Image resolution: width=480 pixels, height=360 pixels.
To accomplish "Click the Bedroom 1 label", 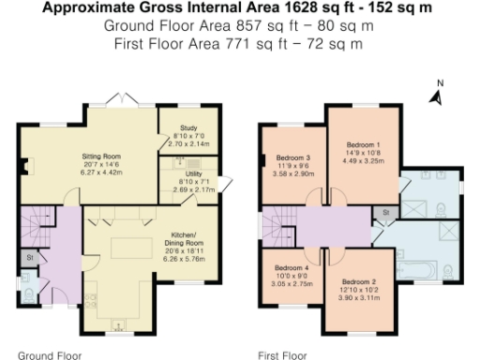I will [x=363, y=144].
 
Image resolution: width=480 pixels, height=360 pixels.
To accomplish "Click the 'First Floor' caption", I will [x=282, y=355].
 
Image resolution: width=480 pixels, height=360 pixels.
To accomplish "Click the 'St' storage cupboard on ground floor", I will [x=30, y=258].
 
